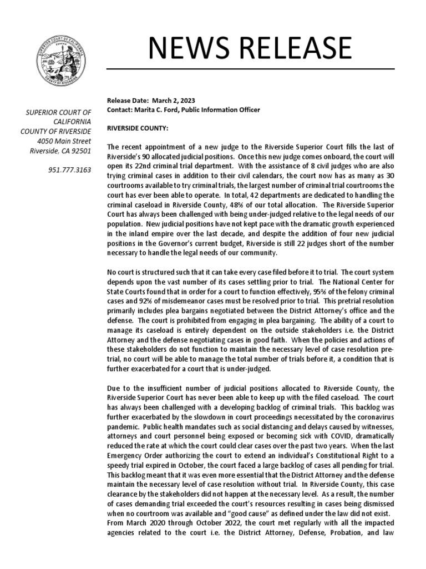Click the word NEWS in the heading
coord(191,49)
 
